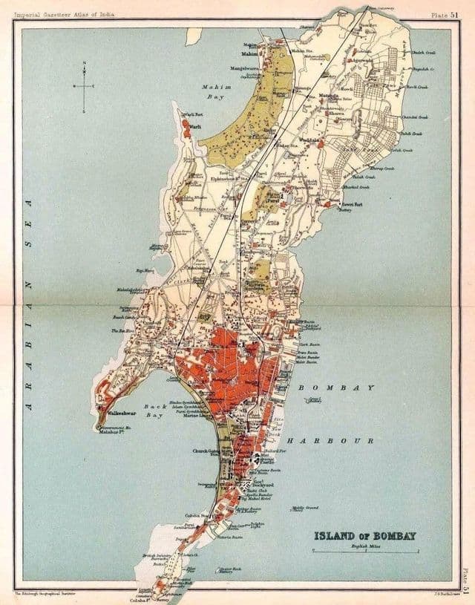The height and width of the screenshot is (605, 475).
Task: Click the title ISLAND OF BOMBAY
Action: (364, 535)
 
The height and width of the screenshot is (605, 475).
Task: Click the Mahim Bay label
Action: (217, 91)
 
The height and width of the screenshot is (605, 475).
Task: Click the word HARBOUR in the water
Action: (330, 440)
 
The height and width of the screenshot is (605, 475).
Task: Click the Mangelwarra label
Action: (247, 68)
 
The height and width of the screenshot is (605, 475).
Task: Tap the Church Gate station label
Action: (206, 451)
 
